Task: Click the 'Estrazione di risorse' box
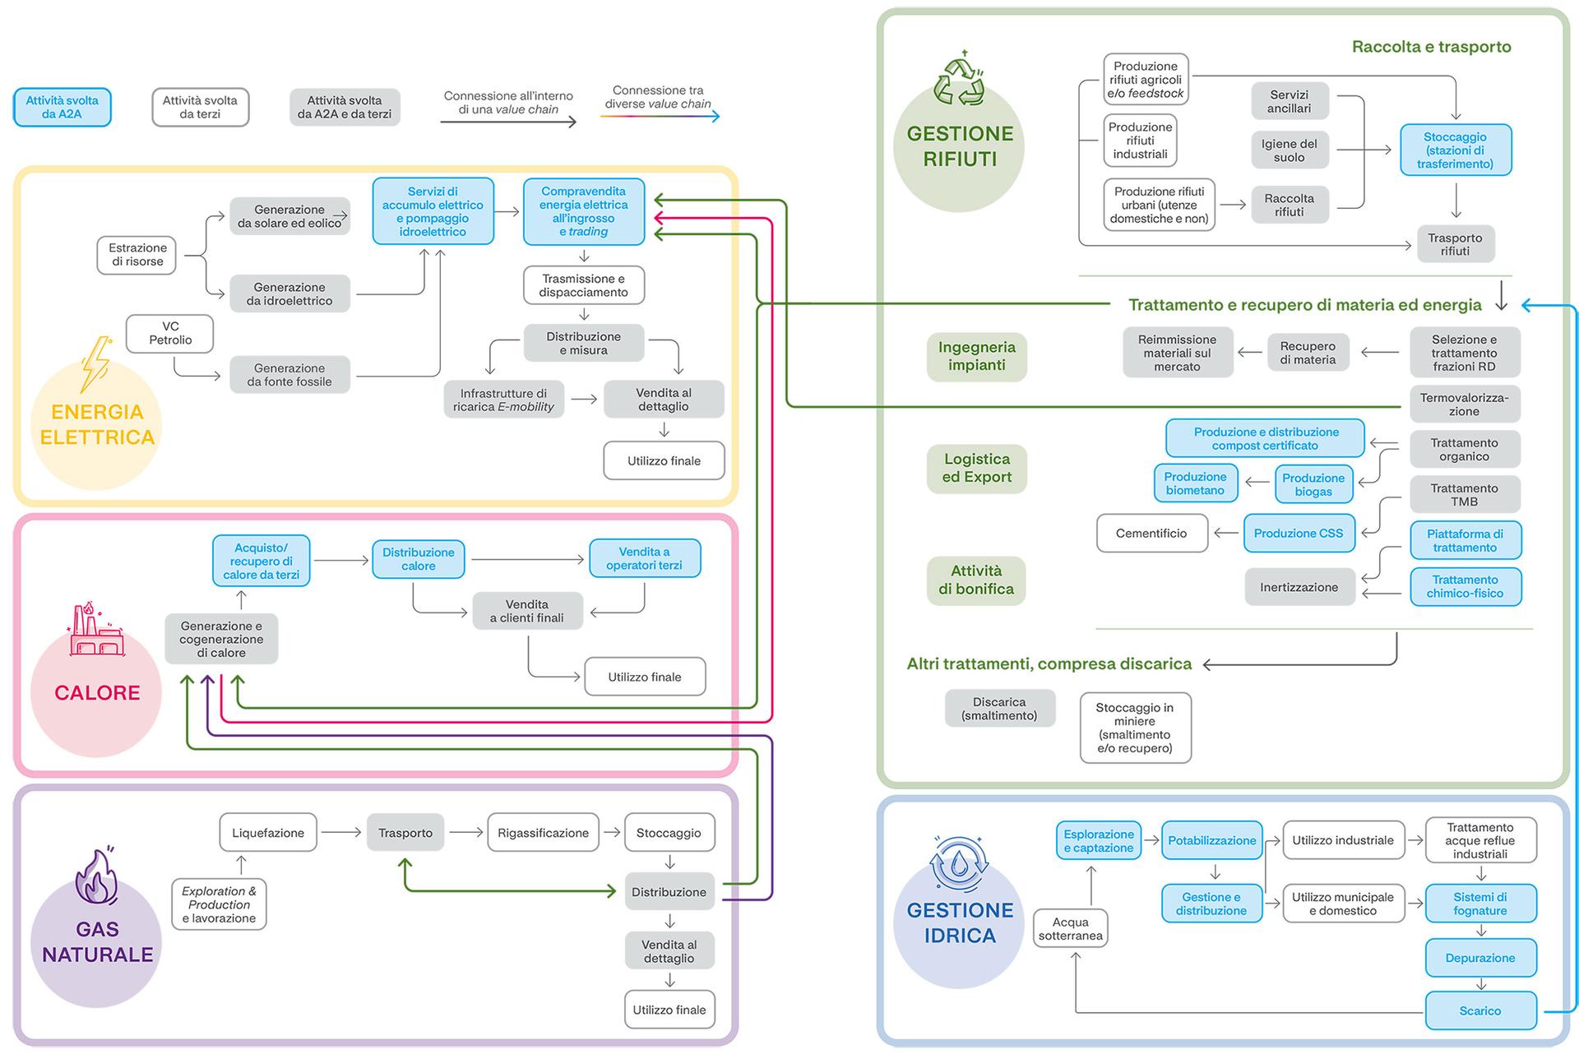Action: tap(137, 255)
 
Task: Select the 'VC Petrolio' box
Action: tap(170, 333)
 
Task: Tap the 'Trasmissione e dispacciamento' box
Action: tap(584, 285)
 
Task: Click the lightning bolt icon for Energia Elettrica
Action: tap(96, 363)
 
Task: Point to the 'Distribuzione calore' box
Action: tap(419, 559)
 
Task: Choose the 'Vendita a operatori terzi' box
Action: tap(645, 559)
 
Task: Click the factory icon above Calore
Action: tap(96, 629)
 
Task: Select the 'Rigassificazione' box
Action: tap(543, 833)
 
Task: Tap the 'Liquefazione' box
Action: tap(268, 833)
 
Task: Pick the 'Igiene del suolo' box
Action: tap(1290, 150)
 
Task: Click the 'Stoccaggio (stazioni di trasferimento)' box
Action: tap(1456, 150)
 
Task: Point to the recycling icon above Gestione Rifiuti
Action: tap(959, 80)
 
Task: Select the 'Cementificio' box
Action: tap(1151, 534)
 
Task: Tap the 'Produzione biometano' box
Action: tap(1195, 483)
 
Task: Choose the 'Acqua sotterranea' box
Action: tap(1070, 929)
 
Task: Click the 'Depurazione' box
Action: tap(1480, 958)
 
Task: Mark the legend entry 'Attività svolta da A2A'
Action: tap(63, 108)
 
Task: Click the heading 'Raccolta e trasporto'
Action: tap(1431, 47)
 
